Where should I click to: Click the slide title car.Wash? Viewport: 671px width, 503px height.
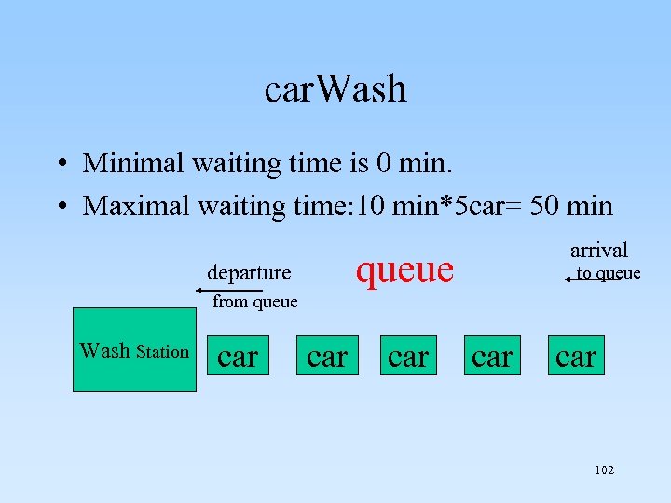click(335, 89)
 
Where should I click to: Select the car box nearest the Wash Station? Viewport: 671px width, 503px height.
click(238, 356)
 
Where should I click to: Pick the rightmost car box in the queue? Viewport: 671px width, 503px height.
click(576, 356)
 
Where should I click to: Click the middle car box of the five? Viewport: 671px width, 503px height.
click(408, 356)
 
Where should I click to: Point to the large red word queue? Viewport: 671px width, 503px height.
click(404, 269)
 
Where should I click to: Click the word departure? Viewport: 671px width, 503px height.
click(249, 273)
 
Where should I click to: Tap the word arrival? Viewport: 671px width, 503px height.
click(598, 250)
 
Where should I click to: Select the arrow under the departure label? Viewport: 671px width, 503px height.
click(229, 291)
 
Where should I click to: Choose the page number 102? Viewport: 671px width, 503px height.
click(604, 470)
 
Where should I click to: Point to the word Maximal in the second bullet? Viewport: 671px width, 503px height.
click(136, 205)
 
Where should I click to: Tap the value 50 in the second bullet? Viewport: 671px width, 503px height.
click(542, 205)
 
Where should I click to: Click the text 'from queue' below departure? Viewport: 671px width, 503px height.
click(255, 302)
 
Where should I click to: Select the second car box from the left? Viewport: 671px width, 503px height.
click(327, 356)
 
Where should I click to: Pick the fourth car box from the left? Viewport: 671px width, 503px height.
click(492, 356)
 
